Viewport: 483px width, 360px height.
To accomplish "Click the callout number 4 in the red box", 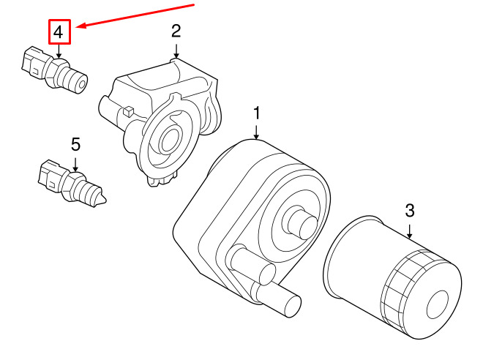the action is [59, 32].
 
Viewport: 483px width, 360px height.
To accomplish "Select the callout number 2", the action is [176, 31].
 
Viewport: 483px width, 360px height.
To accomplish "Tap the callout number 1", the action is [257, 113].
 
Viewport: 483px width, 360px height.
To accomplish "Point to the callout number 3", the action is [410, 211].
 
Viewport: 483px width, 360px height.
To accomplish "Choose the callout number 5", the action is [76, 144].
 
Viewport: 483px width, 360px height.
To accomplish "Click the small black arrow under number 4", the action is [59, 50].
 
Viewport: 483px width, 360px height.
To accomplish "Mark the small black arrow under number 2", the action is [176, 50].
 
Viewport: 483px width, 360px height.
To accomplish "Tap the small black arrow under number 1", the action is [256, 132].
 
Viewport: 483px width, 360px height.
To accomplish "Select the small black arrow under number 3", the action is [409, 231].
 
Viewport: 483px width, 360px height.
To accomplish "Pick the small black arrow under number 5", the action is [75, 165].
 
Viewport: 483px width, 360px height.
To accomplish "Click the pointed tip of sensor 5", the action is [105, 201].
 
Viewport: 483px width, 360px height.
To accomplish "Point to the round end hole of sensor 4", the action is [82, 84].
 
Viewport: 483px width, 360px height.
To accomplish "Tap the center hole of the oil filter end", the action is [437, 304].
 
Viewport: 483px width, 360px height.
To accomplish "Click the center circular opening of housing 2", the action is [169, 140].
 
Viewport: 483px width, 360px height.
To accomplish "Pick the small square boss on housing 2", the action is [129, 111].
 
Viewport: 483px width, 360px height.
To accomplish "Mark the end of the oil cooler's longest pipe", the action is [292, 306].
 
